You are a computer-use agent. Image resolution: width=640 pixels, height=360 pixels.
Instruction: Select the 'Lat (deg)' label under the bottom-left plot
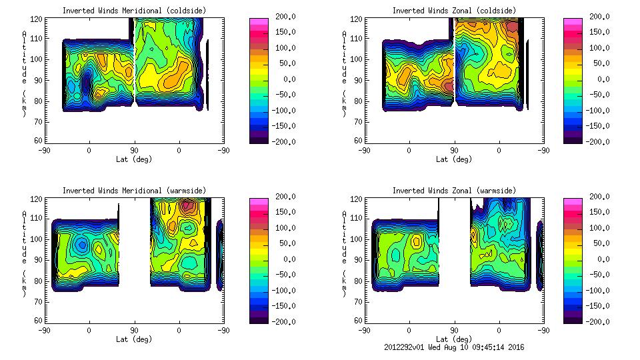(134, 339)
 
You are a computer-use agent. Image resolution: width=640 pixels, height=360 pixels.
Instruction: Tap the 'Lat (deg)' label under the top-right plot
(453, 159)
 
